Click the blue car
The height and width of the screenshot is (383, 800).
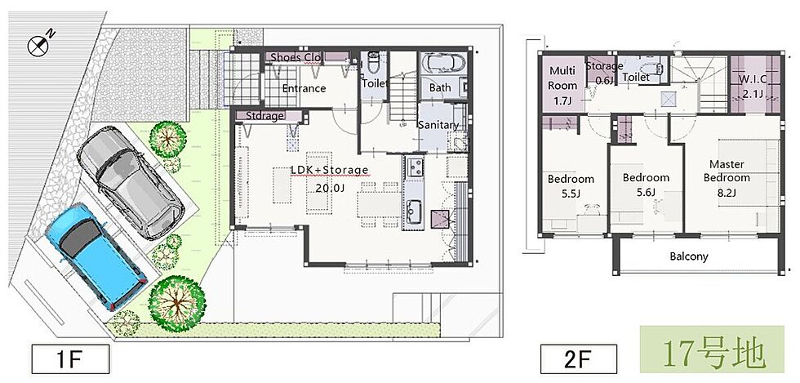[x=96, y=256]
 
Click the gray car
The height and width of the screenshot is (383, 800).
[x=131, y=183]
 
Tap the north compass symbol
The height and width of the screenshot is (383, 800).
[x=40, y=44]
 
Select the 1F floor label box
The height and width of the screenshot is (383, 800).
[x=71, y=359]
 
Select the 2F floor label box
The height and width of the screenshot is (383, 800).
[x=579, y=359]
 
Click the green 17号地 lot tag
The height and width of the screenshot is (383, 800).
[x=712, y=350]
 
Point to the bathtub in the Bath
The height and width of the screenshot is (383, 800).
[x=442, y=65]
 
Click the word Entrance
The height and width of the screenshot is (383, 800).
[x=304, y=88]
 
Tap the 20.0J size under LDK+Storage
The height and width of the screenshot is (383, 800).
[x=330, y=188]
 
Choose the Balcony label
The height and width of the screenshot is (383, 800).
[x=689, y=256]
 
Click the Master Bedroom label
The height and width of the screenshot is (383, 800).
[x=727, y=171]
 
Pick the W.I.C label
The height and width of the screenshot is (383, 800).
[x=753, y=80]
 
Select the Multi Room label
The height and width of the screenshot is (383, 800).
[x=562, y=78]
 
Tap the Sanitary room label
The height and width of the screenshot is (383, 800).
[x=438, y=125]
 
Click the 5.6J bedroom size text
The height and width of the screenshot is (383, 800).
[x=646, y=193]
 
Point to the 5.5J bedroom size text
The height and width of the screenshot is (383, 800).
[x=571, y=194]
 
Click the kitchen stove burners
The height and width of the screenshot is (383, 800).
[x=415, y=167]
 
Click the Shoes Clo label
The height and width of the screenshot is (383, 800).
[x=296, y=57]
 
